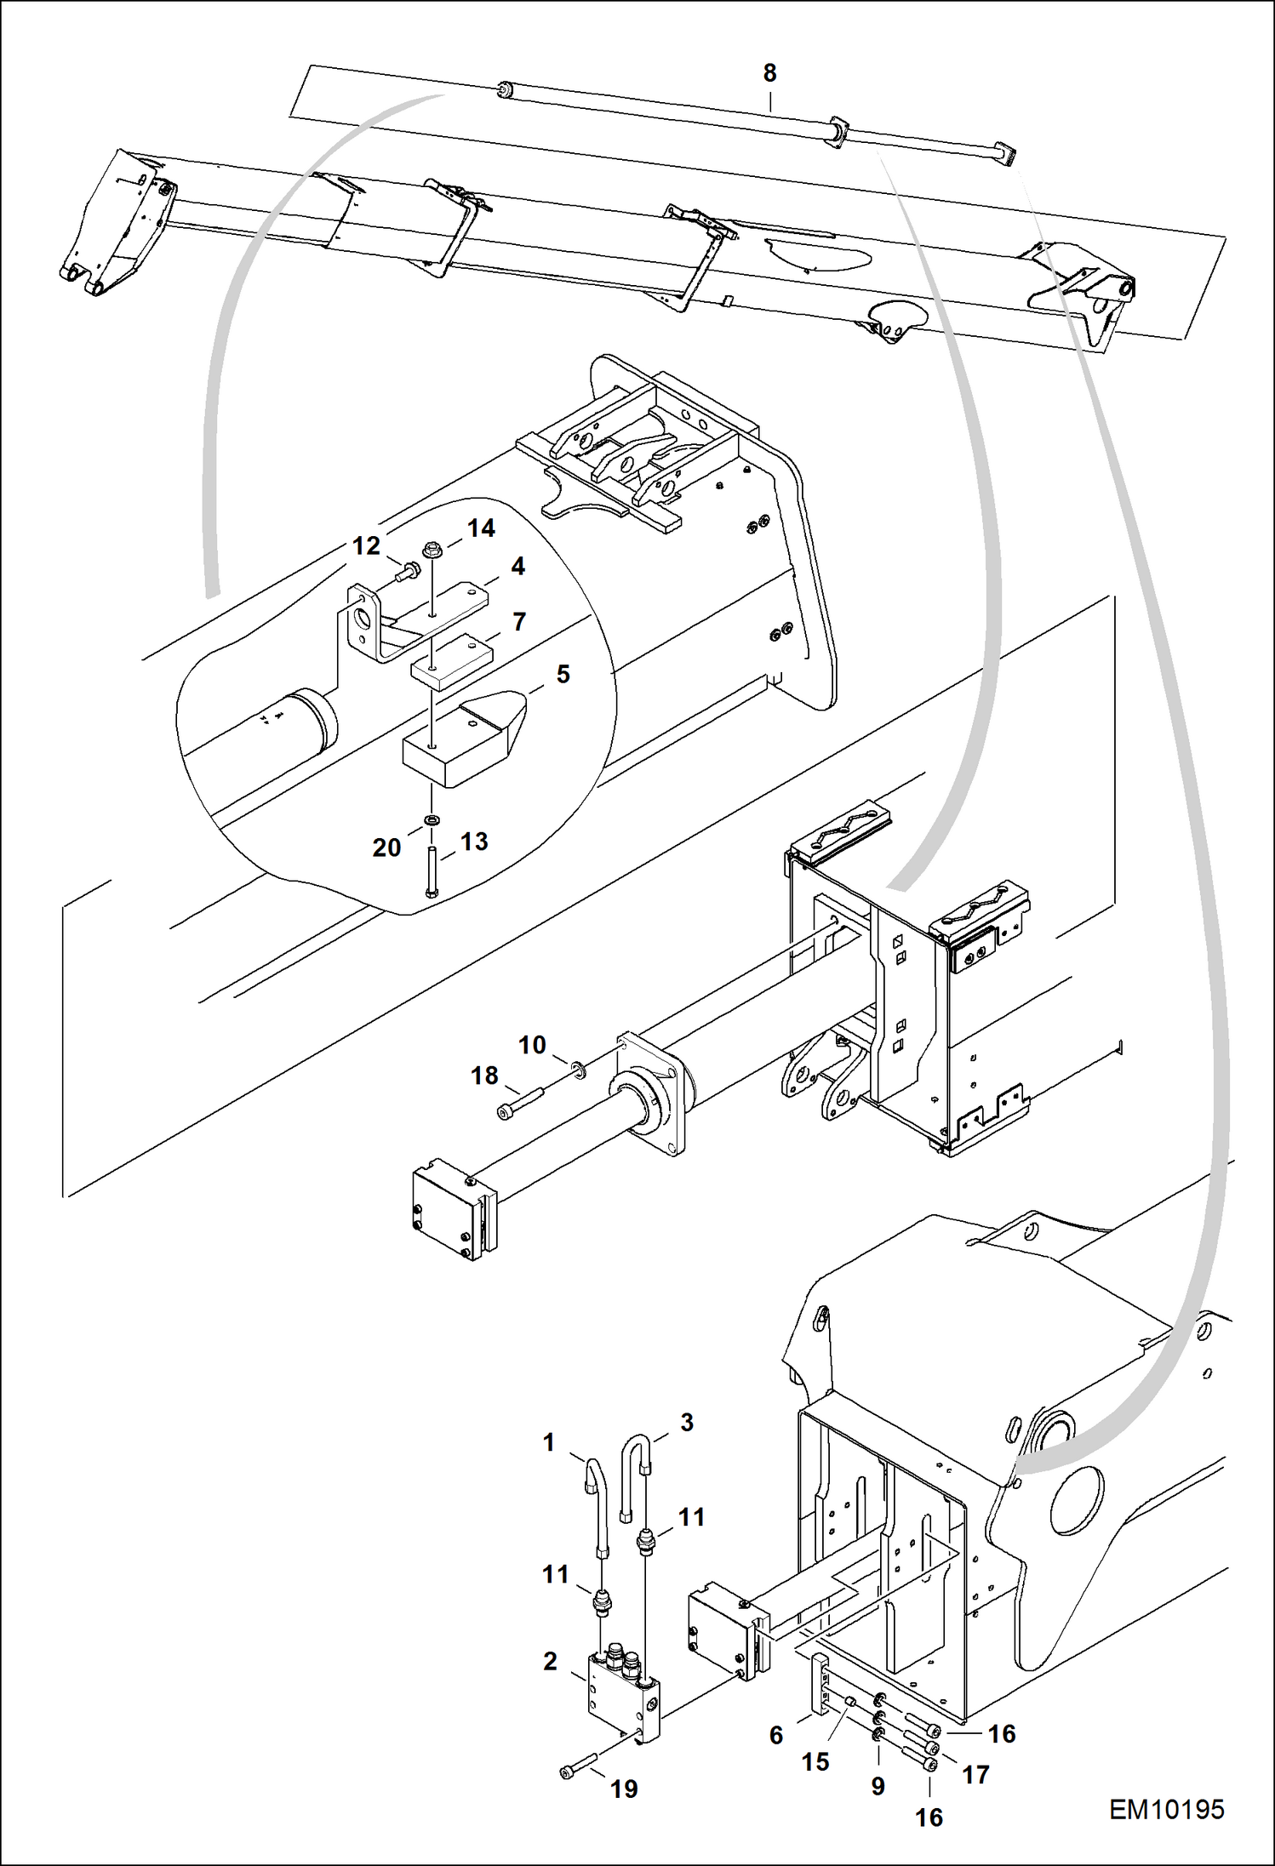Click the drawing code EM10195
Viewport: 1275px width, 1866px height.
1166,1809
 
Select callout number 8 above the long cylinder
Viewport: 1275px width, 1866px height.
769,74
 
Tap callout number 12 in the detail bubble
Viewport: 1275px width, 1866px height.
366,546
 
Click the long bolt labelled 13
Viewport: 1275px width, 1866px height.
432,869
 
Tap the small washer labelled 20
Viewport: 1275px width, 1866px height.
432,820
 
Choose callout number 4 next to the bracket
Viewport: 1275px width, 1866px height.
517,567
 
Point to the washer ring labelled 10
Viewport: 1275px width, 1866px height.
578,1069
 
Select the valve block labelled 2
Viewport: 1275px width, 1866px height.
621,1693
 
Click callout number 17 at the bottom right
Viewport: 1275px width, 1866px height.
975,1774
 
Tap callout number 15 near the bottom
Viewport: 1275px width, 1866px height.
815,1761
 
